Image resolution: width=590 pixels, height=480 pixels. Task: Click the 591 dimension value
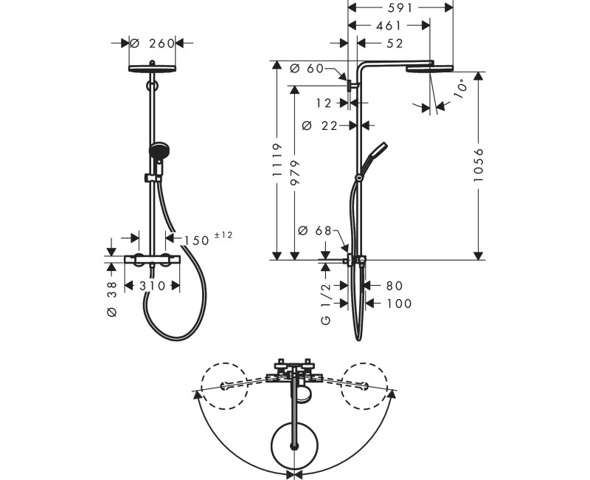(400, 7)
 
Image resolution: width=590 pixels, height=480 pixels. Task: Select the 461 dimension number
(389, 25)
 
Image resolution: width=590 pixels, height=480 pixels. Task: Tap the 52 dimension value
(395, 44)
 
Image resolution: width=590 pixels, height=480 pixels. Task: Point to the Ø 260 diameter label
(153, 44)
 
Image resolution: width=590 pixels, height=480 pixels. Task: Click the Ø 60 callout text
(307, 69)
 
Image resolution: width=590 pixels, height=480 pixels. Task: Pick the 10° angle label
(461, 89)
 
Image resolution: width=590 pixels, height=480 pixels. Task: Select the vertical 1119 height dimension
(277, 160)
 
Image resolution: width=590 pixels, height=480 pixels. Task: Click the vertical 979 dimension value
(296, 173)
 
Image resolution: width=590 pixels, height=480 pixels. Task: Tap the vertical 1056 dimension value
(478, 165)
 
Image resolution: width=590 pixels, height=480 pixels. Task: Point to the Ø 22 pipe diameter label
(320, 126)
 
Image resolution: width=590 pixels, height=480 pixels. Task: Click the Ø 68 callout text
(315, 230)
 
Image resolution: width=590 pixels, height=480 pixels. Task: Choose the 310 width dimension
(153, 286)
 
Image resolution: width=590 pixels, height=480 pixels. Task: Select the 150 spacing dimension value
(196, 241)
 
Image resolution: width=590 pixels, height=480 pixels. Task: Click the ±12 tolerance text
(223, 235)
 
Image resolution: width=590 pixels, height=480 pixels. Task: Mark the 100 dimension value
(399, 304)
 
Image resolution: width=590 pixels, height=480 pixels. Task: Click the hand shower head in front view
(159, 151)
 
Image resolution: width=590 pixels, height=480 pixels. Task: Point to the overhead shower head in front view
(152, 68)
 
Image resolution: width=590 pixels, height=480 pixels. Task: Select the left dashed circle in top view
(225, 385)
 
